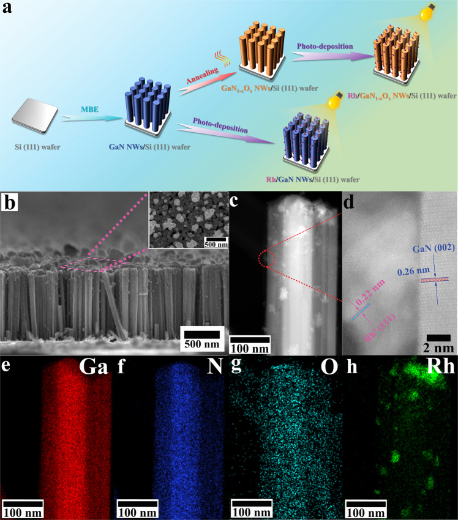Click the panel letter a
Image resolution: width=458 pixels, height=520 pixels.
point(10,10)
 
